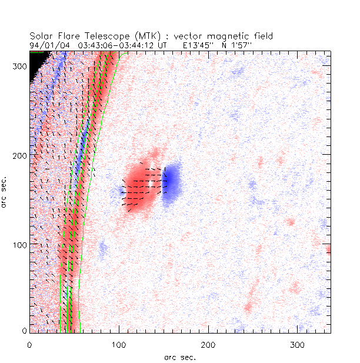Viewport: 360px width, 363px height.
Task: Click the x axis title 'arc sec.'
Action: click(x=179, y=356)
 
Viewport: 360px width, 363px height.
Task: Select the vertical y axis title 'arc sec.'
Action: click(x=5, y=191)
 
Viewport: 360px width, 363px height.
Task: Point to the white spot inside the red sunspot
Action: click(x=151, y=184)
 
